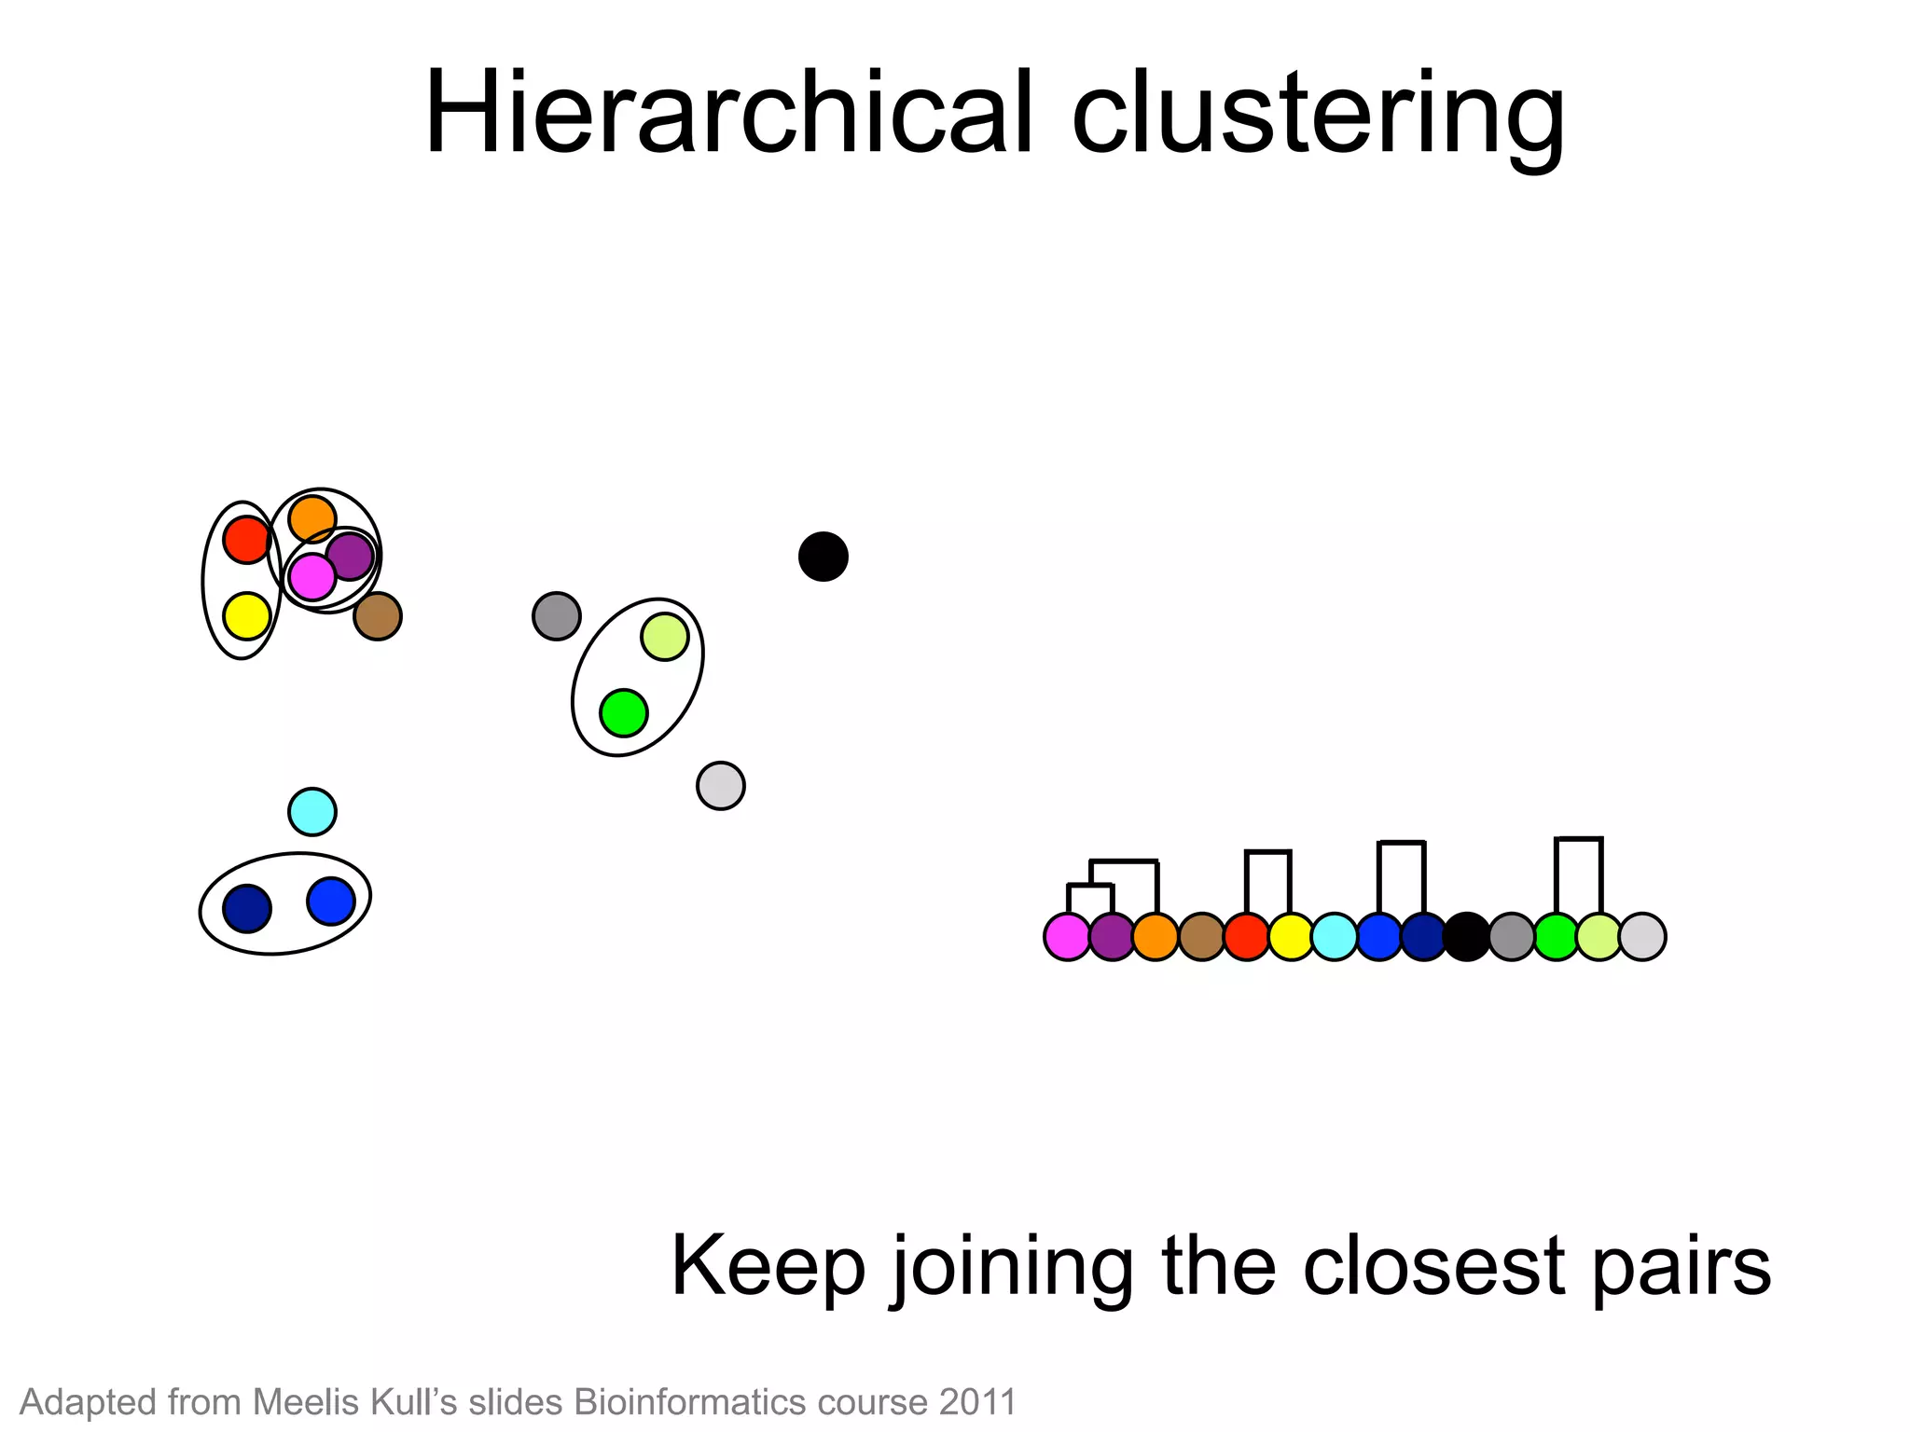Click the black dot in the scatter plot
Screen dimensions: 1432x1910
[x=823, y=557]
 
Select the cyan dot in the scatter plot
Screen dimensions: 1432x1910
[x=312, y=811]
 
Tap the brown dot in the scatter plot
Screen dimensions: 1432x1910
[x=378, y=616]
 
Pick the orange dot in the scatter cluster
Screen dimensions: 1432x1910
[x=312, y=519]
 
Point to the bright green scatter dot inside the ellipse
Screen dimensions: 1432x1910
[x=624, y=713]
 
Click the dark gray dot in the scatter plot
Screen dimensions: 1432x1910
[x=557, y=616]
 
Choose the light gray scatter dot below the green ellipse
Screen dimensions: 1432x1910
[x=721, y=786]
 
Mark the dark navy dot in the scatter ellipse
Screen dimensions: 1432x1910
[x=247, y=909]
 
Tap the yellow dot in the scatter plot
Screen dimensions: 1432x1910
[x=247, y=616]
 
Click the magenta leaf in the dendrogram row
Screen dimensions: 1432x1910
[x=1068, y=936]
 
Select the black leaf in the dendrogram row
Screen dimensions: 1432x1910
[x=1467, y=936]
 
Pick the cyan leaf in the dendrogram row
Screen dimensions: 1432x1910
[x=1335, y=936]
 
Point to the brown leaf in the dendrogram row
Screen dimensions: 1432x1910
[x=1201, y=936]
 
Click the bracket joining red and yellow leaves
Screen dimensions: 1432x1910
[x=1268, y=852]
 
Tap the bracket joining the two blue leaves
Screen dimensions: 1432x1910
[x=1402, y=843]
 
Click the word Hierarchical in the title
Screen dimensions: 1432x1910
[x=728, y=114]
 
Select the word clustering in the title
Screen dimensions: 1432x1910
[x=1318, y=116]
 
